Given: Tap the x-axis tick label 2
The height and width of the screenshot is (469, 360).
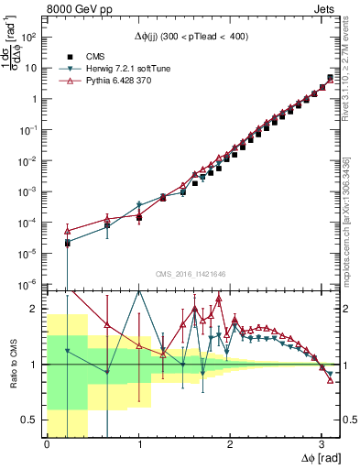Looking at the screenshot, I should tap(230, 444).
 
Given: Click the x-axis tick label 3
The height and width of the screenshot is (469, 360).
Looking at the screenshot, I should tap(321, 444).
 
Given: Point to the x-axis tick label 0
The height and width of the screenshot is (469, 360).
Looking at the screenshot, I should tap(47, 444).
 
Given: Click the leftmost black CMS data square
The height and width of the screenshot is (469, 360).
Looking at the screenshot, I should tap(67, 243).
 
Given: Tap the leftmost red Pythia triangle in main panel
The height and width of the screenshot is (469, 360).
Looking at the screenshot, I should tap(67, 231).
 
